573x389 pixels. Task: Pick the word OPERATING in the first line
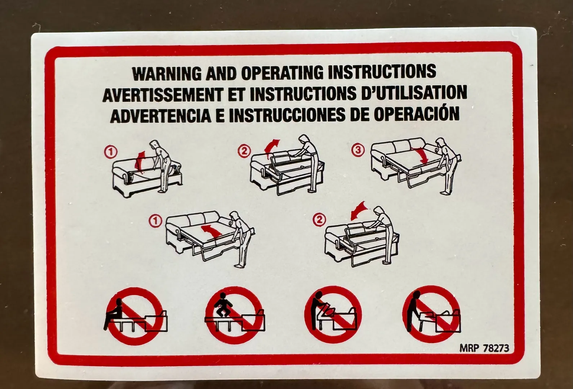click(x=282, y=73)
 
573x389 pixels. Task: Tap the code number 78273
click(x=496, y=348)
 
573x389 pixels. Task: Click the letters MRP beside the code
click(x=469, y=348)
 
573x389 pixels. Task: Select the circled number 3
click(x=358, y=150)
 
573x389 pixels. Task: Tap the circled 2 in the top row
click(x=244, y=151)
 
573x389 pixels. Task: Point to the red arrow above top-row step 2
click(x=271, y=149)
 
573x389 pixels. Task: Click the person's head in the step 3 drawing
click(x=440, y=142)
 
